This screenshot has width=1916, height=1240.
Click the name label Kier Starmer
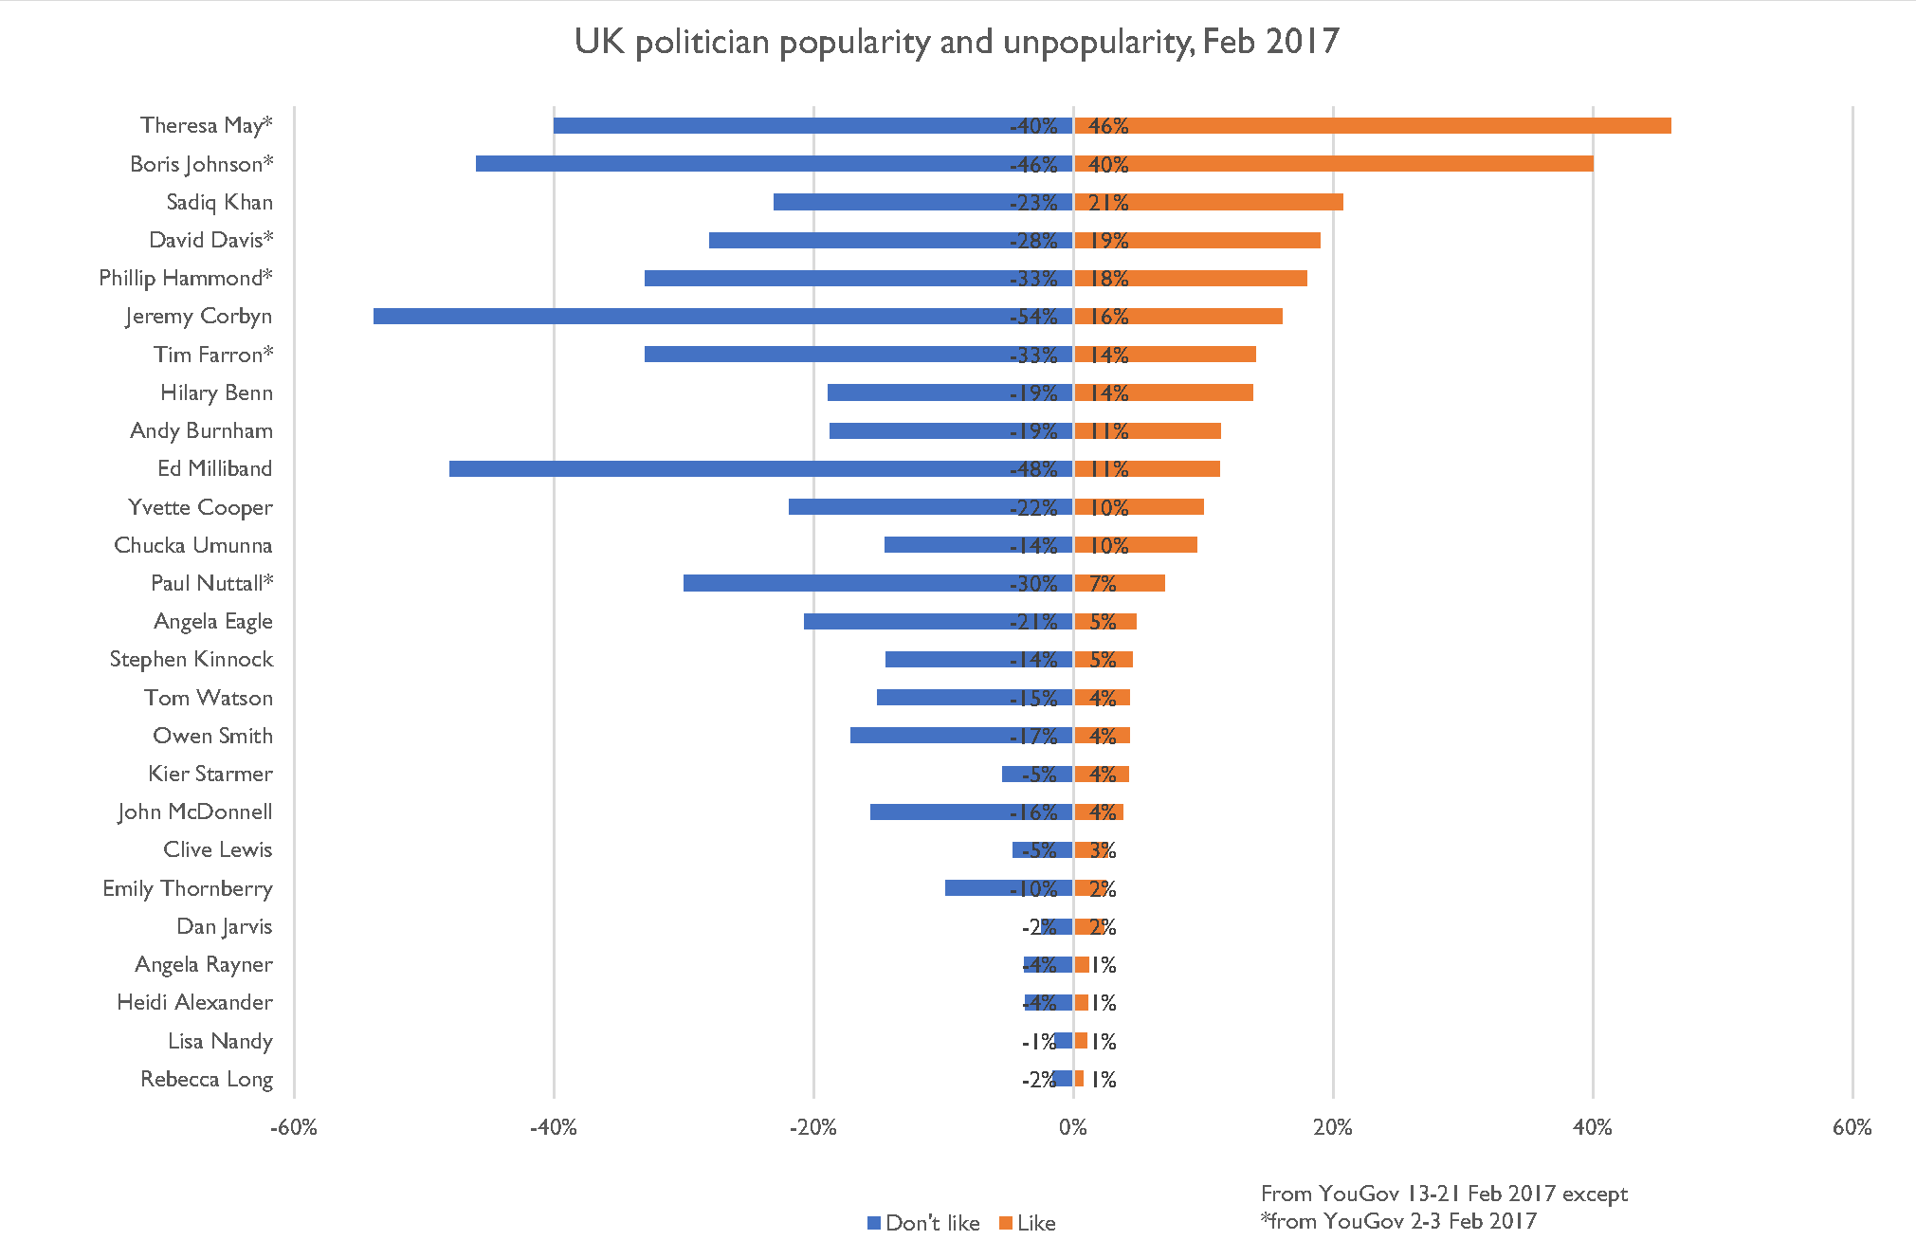pos(210,774)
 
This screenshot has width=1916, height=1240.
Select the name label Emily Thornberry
pos(188,888)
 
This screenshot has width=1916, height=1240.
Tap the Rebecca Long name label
pos(207,1079)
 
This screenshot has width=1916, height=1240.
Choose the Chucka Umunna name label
pos(193,545)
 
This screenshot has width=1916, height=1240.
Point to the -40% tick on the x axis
pos(554,1127)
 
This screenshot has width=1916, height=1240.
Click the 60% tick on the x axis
pos(1852,1127)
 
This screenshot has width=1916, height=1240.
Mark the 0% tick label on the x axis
pos(1073,1127)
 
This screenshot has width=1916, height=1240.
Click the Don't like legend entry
pos(923,1223)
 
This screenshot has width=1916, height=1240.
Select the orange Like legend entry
pos(1028,1223)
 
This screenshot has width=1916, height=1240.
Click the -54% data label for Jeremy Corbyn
pos(1033,317)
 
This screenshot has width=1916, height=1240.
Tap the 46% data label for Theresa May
pos(1108,126)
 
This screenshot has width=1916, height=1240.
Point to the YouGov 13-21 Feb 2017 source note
pos(1444,1194)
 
